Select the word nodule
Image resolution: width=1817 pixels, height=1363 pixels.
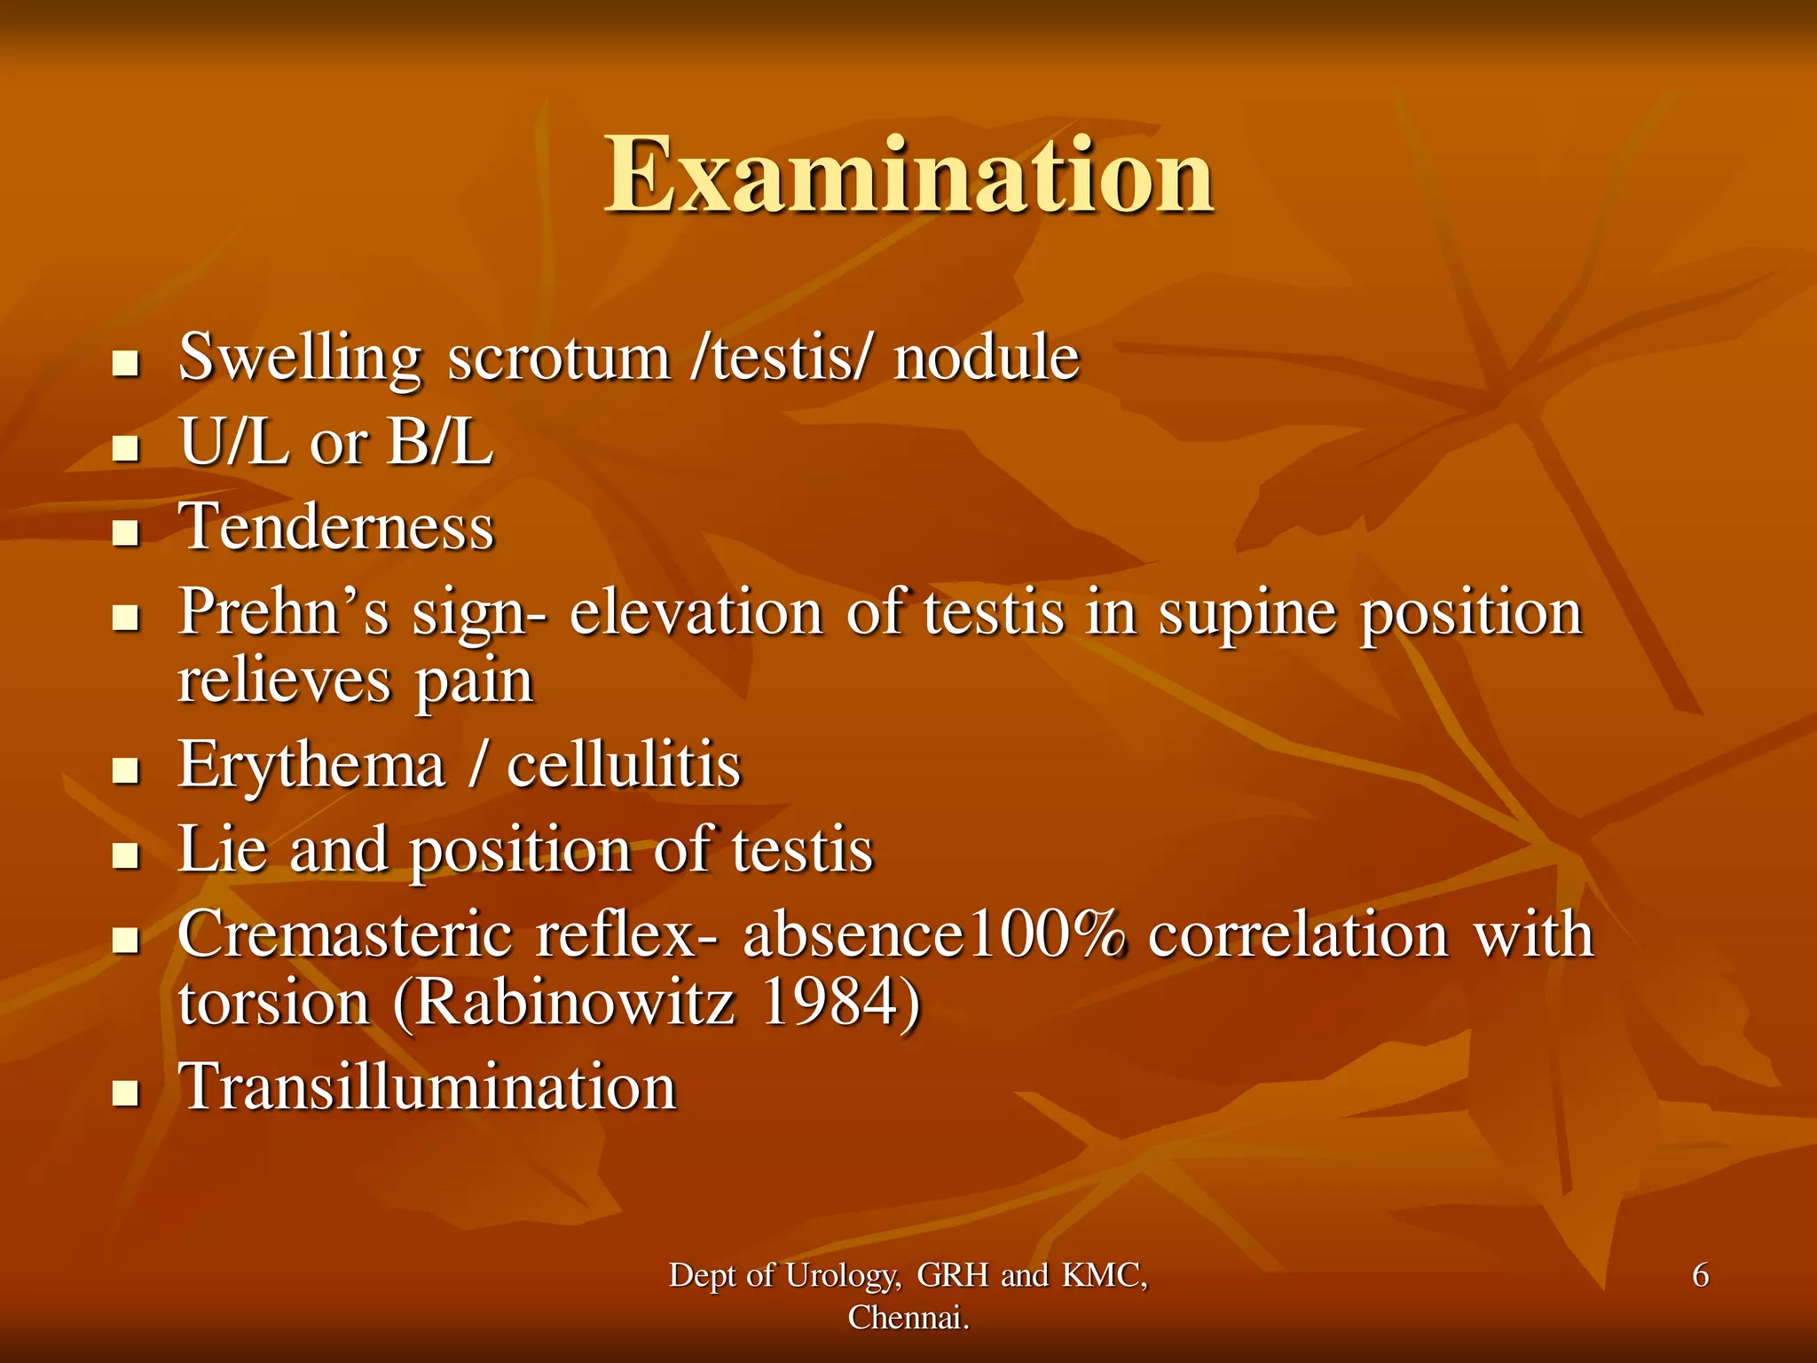pos(986,358)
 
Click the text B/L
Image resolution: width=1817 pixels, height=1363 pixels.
pos(440,442)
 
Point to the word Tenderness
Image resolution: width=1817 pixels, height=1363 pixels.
pos(336,527)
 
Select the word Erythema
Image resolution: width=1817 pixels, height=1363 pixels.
pos(311,765)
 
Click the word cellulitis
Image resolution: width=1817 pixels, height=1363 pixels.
pos(624,765)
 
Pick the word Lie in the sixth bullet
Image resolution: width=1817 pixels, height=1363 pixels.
pos(222,849)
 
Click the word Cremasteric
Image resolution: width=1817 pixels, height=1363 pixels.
pos(344,934)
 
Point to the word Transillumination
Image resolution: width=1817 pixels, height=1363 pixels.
pos(428,1087)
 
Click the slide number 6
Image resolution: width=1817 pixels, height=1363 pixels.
pos(1700,1275)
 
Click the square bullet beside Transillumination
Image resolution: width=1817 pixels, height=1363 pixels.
pos(127,1094)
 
